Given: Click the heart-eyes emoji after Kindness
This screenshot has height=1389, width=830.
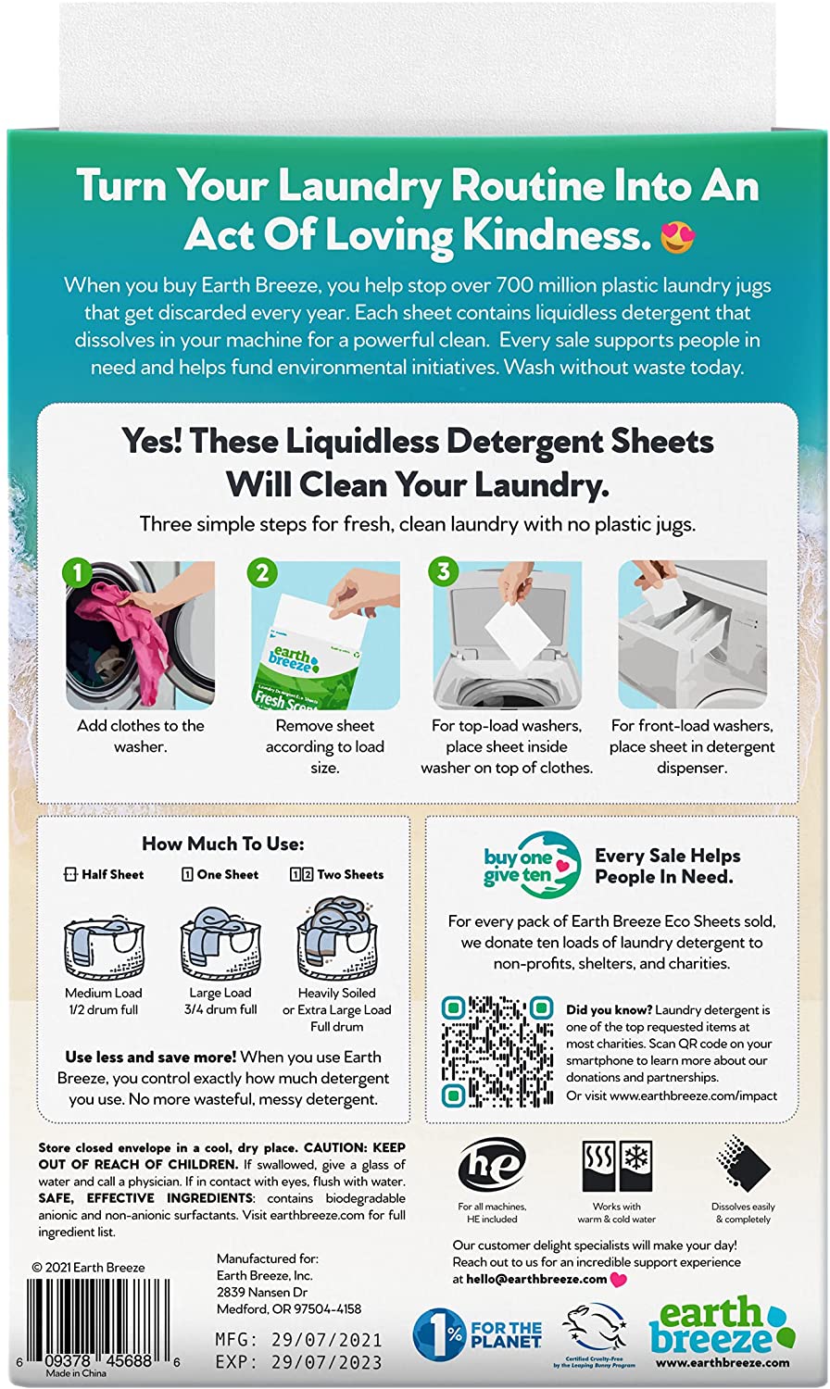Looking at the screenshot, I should click(677, 237).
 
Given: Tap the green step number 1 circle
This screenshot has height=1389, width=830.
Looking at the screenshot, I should click(78, 572).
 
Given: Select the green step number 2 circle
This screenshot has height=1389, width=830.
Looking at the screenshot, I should click(262, 572).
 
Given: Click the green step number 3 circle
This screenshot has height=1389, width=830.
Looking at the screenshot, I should click(444, 572).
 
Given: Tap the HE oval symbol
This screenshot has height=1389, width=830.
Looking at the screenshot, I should click(492, 1166).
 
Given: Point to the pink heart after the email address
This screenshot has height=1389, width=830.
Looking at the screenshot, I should click(619, 1280).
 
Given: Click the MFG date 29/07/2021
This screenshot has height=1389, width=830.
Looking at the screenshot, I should click(333, 1340).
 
